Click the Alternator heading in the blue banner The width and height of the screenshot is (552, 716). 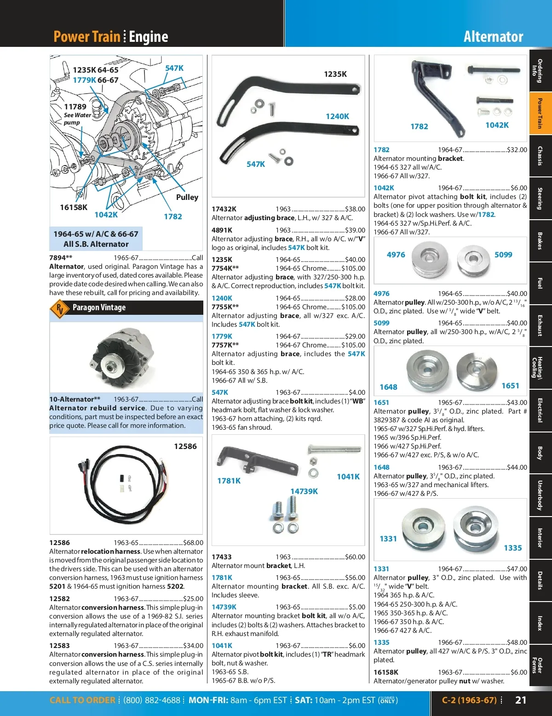(x=493, y=37)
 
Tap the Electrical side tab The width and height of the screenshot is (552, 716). (x=540, y=410)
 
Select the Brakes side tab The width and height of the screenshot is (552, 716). (x=540, y=240)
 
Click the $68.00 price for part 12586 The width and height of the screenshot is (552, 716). (x=193, y=543)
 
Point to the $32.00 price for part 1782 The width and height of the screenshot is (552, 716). (x=517, y=150)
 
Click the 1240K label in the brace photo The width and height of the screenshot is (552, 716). (x=337, y=117)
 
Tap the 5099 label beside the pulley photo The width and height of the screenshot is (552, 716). (x=503, y=255)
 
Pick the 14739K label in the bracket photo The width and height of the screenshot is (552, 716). (x=304, y=491)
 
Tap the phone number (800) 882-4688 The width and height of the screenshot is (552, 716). (x=152, y=700)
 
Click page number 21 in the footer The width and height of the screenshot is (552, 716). (x=521, y=700)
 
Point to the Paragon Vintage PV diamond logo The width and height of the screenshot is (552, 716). (x=60, y=308)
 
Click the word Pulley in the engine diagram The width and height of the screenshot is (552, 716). (x=187, y=197)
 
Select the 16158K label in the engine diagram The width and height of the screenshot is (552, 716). (x=74, y=207)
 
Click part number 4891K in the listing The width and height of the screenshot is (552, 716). (x=222, y=230)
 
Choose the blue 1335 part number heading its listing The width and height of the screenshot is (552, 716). (x=381, y=642)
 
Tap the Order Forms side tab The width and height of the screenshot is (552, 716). (x=540, y=665)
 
